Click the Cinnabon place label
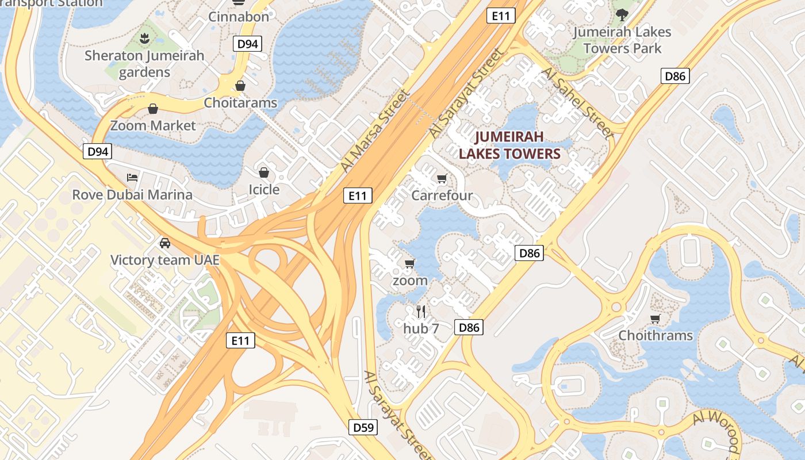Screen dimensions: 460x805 tap(239, 17)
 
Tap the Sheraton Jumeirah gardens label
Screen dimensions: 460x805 tap(144, 64)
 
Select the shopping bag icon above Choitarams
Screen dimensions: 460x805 tap(240, 86)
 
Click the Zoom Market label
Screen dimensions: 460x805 tap(153, 125)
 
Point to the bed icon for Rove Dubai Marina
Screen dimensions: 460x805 tap(132, 178)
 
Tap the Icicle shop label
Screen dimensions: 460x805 tap(264, 189)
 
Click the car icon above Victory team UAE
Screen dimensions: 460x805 tap(165, 243)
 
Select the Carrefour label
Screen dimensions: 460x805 tap(442, 195)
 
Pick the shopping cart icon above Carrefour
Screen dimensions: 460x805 tap(442, 178)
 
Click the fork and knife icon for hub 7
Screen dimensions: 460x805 tap(421, 312)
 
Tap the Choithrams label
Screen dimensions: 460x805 tap(655, 335)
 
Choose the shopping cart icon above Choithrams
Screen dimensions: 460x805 tap(655, 319)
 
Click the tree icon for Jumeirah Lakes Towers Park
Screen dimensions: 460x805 tap(622, 14)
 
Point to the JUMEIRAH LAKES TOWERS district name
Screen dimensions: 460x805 tap(509, 145)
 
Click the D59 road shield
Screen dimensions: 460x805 tap(364, 427)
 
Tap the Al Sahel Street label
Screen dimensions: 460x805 tap(578, 101)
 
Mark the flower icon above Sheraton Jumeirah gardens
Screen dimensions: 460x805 tap(144, 39)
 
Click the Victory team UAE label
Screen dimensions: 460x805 tap(165, 260)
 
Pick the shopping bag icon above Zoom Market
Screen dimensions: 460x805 tap(153, 109)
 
